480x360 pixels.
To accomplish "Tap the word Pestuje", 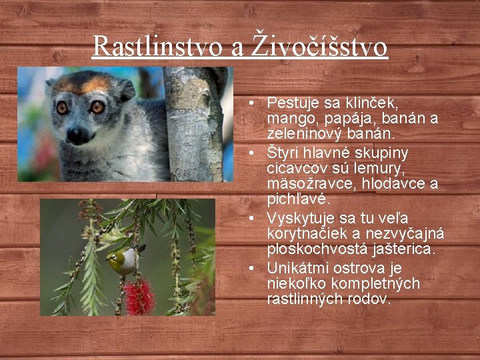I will tap(291, 103).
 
